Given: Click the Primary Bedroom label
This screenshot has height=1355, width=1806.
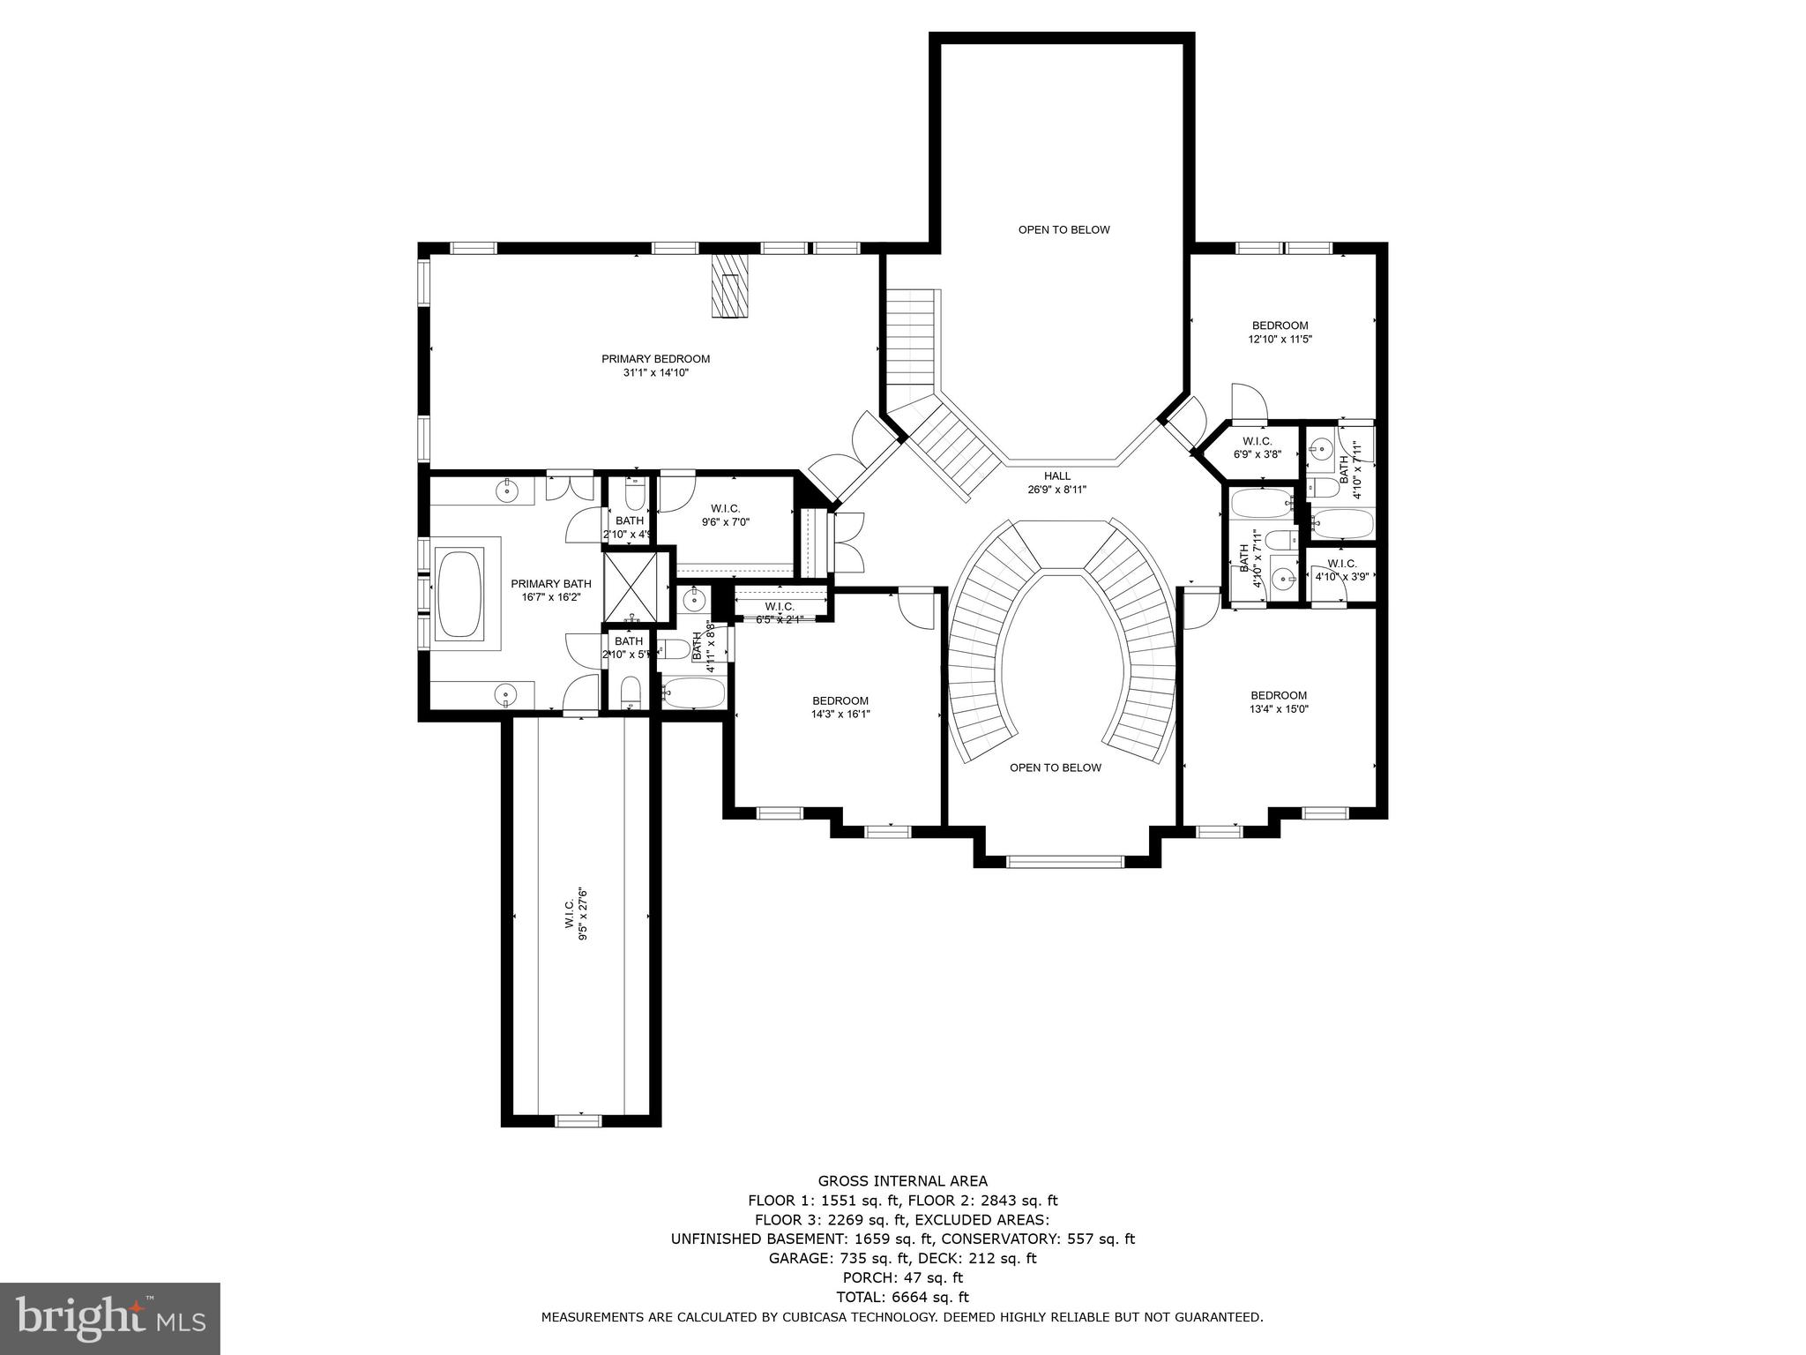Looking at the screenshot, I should point(655,359).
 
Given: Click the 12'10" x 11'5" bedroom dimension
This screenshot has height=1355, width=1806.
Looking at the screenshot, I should point(1280,339).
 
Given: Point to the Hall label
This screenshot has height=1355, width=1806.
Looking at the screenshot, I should point(1056,476).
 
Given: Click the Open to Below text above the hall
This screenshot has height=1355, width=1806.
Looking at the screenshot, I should point(1063,230).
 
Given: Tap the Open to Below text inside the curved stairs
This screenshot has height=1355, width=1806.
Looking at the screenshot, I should point(1055,767).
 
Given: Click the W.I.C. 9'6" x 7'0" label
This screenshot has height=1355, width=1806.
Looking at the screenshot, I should point(726,515).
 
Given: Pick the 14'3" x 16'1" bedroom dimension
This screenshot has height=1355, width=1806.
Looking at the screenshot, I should point(840,715).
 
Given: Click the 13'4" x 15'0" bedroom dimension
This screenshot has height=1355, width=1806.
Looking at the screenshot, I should point(1279,708).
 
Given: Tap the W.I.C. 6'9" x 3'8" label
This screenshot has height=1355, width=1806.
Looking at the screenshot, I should point(1257,447).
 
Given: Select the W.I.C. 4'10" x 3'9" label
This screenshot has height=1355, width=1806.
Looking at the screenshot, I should point(1341,570).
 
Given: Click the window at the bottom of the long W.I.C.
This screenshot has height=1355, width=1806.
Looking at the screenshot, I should point(578,1120).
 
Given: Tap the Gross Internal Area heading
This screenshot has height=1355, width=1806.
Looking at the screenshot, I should point(902,1181).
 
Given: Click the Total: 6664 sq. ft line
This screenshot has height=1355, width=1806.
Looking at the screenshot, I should point(902,1297).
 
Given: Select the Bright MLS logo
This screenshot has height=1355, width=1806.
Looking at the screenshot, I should point(110,1317).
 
